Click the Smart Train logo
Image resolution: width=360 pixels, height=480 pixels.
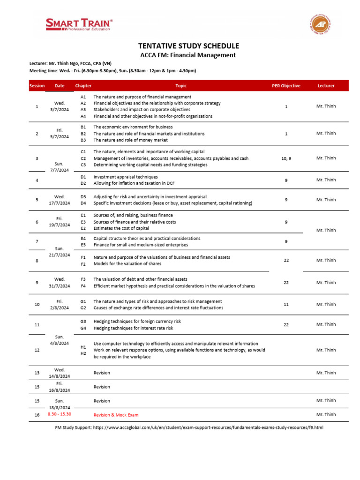pyautogui.click(x=79, y=24)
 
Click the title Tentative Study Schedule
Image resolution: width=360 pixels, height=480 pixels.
pyautogui.click(x=188, y=46)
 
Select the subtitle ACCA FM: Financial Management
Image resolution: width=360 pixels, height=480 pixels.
pyautogui.click(x=188, y=55)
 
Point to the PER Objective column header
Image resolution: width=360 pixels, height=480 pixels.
pyautogui.click(x=286, y=86)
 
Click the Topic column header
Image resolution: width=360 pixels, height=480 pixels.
pyautogui.click(x=181, y=86)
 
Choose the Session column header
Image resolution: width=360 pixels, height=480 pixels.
pyautogui.click(x=37, y=86)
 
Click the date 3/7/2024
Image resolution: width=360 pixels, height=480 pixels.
pyautogui.click(x=60, y=110)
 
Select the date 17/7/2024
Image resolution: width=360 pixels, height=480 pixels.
pyautogui.click(x=60, y=203)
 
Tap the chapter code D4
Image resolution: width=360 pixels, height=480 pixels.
pyautogui.click(x=83, y=203)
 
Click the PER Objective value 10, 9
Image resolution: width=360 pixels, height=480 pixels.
pyautogui.click(x=286, y=159)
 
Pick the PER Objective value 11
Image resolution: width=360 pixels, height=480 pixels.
pyautogui.click(x=286, y=305)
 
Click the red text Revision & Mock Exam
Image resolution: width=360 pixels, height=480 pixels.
pyautogui.click(x=116, y=415)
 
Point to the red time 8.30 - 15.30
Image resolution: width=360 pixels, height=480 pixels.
pyautogui.click(x=60, y=414)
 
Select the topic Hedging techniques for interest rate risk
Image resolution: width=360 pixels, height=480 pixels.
pyautogui.click(x=132, y=328)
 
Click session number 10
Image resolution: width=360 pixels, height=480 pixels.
pyautogui.click(x=37, y=305)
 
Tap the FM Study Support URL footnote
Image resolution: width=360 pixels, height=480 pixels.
pyautogui.click(x=189, y=427)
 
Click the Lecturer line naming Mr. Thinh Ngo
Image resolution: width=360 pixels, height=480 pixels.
pyautogui.click(x=70, y=63)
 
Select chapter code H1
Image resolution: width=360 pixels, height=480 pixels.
pyautogui.click(x=83, y=347)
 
